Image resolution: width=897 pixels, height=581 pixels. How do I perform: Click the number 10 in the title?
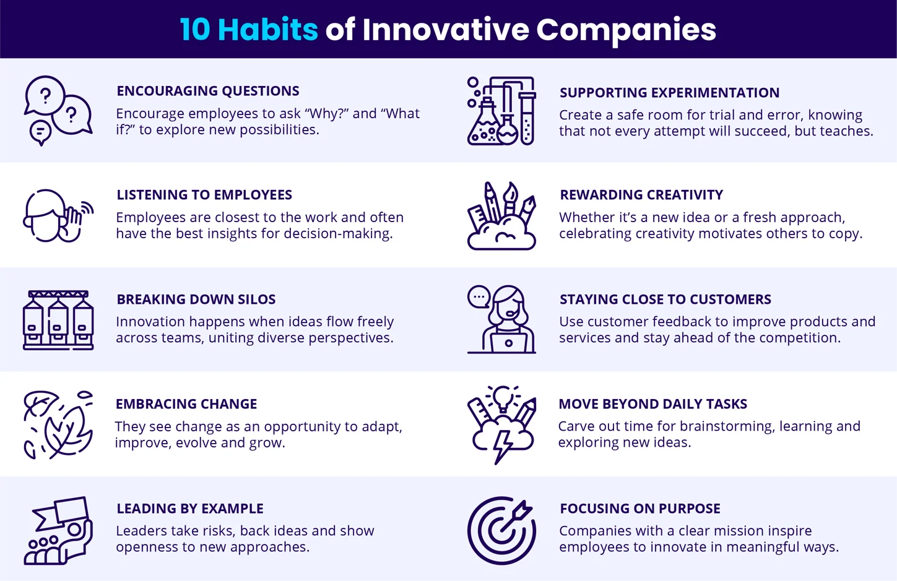(194, 29)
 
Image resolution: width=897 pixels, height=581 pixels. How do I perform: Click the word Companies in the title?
(626, 30)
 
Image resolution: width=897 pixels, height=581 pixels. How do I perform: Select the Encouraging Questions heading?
(208, 91)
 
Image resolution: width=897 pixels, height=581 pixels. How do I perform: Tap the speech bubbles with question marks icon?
(58, 110)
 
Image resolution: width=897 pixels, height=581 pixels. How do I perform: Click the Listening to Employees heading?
(204, 195)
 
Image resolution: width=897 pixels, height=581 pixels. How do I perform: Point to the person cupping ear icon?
(58, 216)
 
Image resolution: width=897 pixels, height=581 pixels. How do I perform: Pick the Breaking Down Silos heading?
(196, 299)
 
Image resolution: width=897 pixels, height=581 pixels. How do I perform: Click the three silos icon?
(58, 320)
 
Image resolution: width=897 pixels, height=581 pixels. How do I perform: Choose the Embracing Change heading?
(186, 404)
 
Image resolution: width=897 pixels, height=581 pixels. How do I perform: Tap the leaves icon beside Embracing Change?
(58, 424)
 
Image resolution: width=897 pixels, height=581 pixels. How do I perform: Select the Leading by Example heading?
(190, 509)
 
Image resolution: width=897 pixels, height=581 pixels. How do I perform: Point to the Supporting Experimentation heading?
(669, 93)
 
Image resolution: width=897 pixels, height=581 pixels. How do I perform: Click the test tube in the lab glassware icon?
(527, 118)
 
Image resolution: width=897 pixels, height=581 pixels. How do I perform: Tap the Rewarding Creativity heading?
(641, 195)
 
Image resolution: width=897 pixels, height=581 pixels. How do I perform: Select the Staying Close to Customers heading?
(665, 299)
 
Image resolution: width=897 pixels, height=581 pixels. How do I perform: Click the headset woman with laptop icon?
(502, 319)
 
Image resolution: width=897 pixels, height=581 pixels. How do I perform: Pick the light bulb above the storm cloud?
(502, 398)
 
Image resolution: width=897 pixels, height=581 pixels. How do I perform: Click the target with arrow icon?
(501, 530)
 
